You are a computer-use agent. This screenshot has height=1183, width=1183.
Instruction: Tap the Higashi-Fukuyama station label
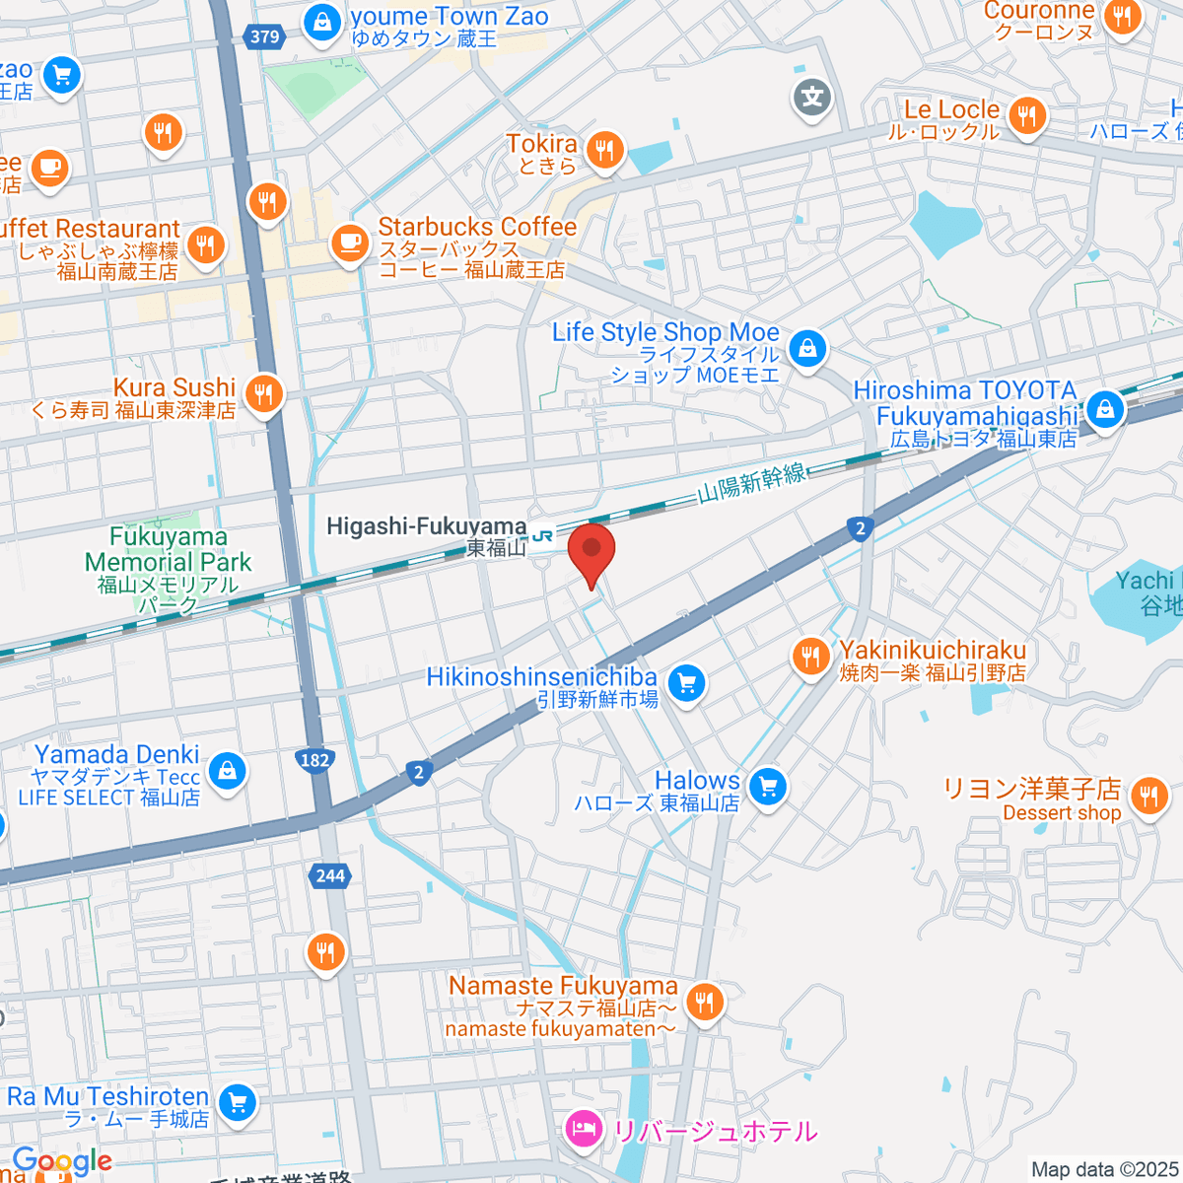427,527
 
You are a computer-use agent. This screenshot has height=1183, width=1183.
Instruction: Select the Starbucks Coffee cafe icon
349,241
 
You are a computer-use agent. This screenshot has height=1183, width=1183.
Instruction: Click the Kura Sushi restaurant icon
263,394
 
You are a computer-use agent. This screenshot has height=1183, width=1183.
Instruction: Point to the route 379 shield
264,37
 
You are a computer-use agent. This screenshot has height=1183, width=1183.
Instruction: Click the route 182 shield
314,759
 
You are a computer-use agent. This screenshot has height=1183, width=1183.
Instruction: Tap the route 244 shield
331,875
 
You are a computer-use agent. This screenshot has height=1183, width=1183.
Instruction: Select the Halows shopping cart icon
767,787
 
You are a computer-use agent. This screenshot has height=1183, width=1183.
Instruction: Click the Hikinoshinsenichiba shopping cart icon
686,681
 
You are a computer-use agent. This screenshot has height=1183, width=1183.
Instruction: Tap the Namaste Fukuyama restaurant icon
704,1002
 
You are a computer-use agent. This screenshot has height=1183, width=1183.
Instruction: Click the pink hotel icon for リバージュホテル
584,1130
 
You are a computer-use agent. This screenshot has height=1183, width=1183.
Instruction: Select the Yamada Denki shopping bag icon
228,770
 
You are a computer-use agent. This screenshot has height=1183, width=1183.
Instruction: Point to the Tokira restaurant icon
603,151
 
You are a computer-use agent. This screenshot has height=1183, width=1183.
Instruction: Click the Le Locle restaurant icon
1027,116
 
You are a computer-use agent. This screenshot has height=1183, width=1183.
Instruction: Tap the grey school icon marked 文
812,97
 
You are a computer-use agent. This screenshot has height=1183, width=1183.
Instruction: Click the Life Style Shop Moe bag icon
807,347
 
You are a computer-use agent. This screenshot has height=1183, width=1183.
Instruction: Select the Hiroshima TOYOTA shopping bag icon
1104,408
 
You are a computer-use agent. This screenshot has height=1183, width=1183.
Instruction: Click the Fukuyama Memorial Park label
168,562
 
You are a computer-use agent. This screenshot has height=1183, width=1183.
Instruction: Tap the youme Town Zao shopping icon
321,22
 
